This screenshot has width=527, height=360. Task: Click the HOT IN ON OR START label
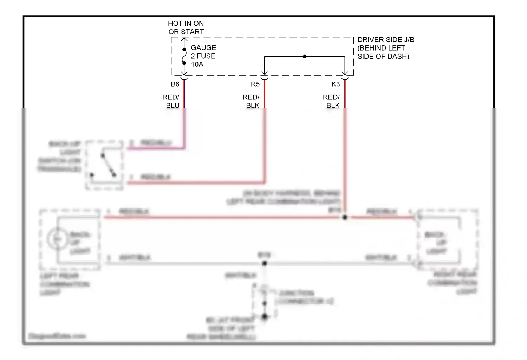[186, 27]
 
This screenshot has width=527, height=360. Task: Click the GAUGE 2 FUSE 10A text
[203, 56]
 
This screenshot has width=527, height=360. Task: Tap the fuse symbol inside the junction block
[184, 56]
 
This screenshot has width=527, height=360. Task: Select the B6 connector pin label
[175, 84]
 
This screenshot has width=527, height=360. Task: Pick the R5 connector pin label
[255, 84]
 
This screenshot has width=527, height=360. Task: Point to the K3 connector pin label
[336, 84]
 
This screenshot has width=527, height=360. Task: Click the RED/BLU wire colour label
[171, 101]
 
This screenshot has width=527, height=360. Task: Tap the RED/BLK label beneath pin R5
[251, 101]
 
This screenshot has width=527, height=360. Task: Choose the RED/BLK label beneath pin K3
[332, 101]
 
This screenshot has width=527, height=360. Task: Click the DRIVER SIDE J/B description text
[385, 48]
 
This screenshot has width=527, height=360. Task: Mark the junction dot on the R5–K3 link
[305, 57]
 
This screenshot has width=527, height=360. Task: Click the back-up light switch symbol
[104, 165]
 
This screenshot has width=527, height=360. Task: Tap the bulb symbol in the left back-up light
[57, 239]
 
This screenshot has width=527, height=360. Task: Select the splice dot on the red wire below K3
[345, 218]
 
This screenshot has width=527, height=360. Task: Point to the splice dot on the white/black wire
[265, 263]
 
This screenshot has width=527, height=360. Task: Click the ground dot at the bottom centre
[265, 317]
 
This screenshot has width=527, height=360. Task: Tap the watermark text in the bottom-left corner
[57, 336]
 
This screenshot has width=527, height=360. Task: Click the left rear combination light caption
[64, 284]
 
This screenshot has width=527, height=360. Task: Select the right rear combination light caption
[452, 283]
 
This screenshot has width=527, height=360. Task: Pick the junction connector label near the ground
[305, 297]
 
